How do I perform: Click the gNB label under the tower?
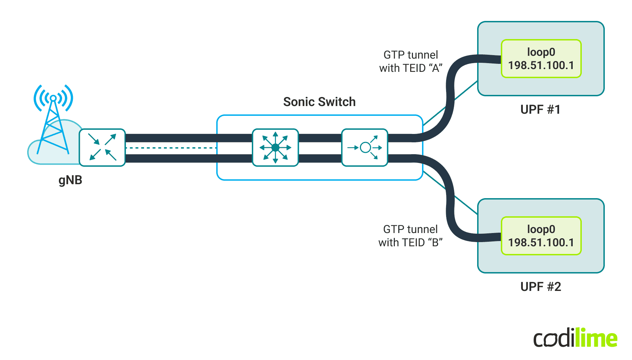tap(70, 180)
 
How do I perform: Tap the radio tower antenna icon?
tap(53, 119)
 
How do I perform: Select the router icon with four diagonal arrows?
tap(102, 148)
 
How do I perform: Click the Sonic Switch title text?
tap(319, 102)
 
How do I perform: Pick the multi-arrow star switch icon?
tap(275, 148)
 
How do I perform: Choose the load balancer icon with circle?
tap(364, 148)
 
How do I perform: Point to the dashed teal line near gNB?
tap(171, 148)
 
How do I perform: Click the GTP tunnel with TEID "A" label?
tap(411, 61)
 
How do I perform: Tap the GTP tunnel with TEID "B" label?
tap(410, 236)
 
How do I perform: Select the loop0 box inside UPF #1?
tap(541, 59)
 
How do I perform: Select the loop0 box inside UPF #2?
tap(541, 236)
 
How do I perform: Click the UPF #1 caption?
tap(540, 110)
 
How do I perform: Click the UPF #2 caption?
tap(541, 287)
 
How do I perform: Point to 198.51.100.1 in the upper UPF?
tap(541, 65)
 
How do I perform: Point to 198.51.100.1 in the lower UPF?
tap(541, 242)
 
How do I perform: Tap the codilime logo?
tap(575, 338)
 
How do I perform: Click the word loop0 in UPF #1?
tap(541, 52)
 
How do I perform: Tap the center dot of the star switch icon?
tap(275, 148)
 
